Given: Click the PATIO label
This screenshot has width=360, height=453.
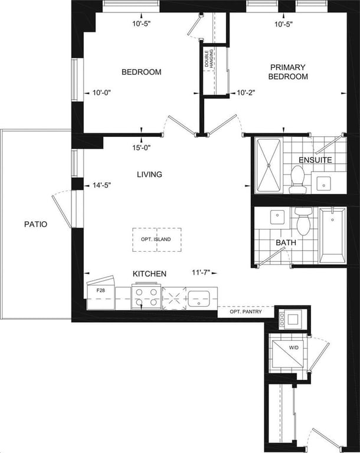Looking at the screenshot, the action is pos(35,224).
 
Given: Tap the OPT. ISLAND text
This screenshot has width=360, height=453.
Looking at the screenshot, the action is pos(156,239).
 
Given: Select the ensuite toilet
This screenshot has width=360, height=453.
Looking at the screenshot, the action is pos(297,180).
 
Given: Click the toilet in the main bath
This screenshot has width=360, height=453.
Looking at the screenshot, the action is pos(303,221).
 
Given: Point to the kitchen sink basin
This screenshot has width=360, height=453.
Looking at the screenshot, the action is pos(199,298).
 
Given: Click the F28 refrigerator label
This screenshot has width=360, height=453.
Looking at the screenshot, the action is pos(101,290).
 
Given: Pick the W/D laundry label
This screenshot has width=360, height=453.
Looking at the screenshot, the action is pos(293,348).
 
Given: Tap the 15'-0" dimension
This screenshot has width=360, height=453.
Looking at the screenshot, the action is pos(142,147).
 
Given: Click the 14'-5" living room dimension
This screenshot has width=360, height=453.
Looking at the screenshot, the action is pos(102,185).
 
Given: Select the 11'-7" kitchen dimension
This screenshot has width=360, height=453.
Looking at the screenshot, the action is pos(201,273).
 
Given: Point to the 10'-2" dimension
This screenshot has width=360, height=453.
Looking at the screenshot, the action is pos(246,93).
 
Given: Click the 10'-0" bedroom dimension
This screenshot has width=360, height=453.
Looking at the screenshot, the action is pos(102,93).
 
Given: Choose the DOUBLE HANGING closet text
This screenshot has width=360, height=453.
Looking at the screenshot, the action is pos(209,58).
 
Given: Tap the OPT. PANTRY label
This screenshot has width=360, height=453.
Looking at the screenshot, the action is pos(246,311).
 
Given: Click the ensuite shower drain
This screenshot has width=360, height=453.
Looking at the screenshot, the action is pos(269,166).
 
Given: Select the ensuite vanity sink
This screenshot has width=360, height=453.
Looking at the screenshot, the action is pos(323,183).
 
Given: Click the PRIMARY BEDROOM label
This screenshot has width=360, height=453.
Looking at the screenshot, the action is pos(288,72).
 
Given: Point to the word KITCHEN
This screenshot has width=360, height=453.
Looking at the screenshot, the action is pos(149,274).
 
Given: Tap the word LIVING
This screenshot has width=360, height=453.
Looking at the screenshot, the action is pos(149,175).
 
